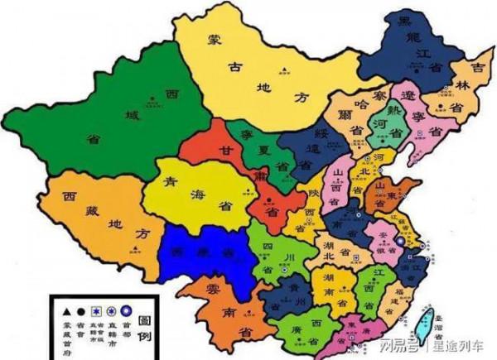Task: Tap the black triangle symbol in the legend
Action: (62, 310)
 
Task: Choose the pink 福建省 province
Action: (398, 298)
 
